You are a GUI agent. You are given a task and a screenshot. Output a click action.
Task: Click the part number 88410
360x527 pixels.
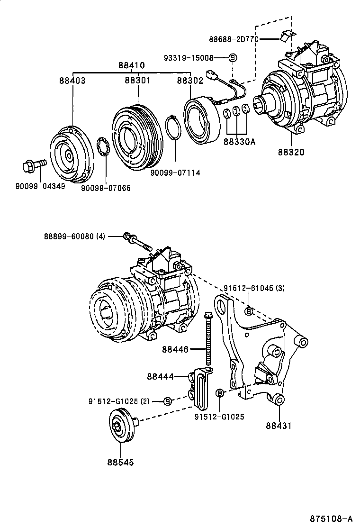131,65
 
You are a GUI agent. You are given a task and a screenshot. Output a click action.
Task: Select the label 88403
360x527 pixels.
72,81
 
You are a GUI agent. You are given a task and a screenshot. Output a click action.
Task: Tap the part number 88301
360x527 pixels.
137,81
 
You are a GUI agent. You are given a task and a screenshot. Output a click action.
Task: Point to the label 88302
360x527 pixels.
190,81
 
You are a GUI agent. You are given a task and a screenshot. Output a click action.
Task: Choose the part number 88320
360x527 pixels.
291,152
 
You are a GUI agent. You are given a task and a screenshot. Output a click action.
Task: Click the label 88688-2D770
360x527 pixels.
233,39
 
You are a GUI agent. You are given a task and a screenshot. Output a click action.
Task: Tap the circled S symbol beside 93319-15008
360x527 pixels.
233,58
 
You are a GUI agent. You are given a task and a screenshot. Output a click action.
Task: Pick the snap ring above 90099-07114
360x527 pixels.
174,128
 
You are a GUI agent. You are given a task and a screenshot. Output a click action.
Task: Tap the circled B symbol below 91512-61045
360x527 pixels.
249,311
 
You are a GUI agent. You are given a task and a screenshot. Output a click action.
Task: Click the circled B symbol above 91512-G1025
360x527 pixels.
220,393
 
